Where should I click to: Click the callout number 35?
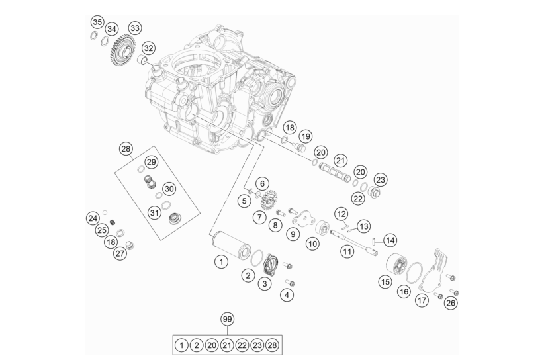click(x=97, y=22)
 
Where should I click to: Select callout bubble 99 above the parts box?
click(x=228, y=319)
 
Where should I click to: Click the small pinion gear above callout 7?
click(x=267, y=199)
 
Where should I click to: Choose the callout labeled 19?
click(x=306, y=136)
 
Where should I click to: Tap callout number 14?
click(x=390, y=240)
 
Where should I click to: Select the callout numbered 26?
click(x=451, y=303)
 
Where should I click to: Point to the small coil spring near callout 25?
click(x=113, y=222)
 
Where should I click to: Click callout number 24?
click(x=93, y=218)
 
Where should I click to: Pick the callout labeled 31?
click(x=155, y=212)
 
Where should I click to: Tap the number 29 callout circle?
click(x=151, y=162)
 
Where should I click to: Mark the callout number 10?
click(x=312, y=244)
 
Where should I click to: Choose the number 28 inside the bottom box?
click(x=272, y=345)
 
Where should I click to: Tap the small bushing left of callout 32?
click(x=142, y=60)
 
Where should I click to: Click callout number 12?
click(x=341, y=214)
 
